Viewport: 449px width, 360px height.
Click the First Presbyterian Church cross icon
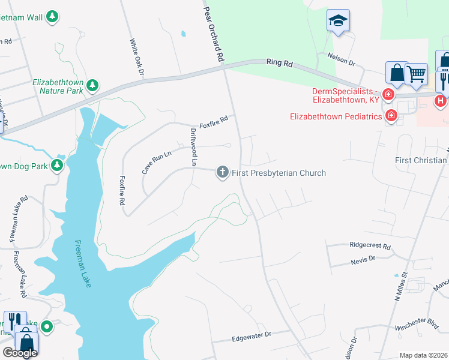pos(222,173)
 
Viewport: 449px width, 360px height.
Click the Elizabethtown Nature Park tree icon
pos(92,86)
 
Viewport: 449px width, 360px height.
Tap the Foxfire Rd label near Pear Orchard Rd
pos(214,119)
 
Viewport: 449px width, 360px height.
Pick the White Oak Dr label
pos(137,58)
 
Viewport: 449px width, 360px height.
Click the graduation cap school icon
pos(339,20)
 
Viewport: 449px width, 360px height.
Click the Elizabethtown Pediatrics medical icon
pos(391,115)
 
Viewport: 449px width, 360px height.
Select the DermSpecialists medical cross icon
pos(388,95)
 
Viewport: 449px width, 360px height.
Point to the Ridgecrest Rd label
pos(370,246)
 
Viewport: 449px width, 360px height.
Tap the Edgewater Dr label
pos(252,336)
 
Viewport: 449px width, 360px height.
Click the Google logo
pos(20,353)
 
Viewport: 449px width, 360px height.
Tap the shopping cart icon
pos(416,74)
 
